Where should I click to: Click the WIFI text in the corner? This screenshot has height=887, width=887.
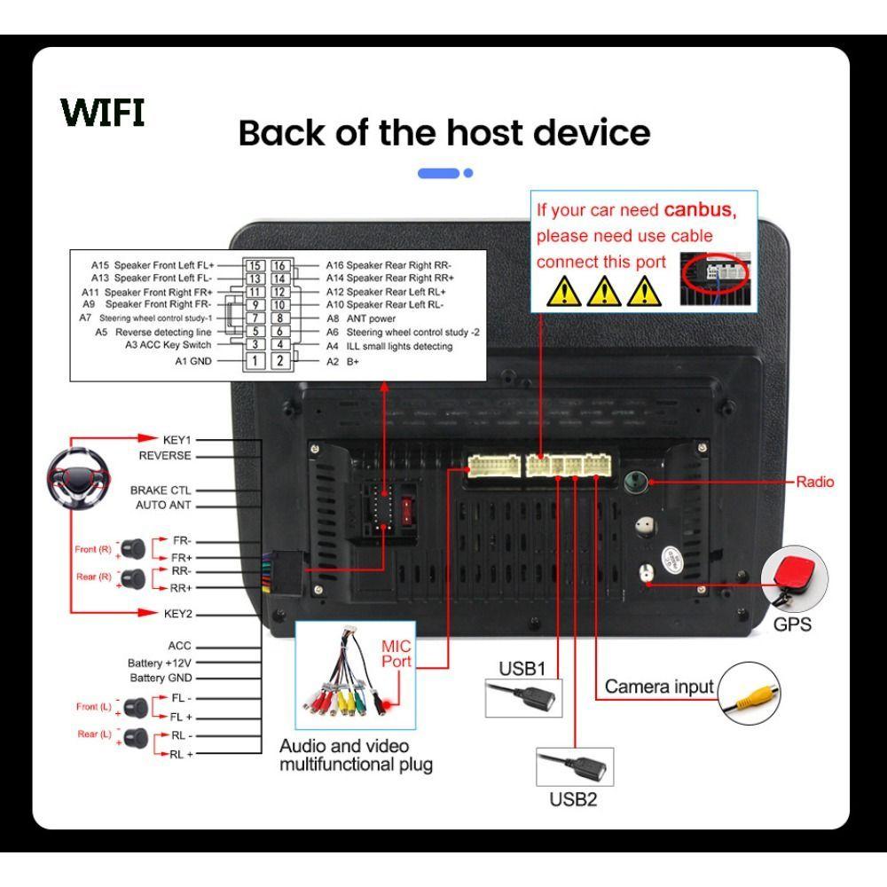tap(103, 113)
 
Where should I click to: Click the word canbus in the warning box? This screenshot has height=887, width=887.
tap(699, 211)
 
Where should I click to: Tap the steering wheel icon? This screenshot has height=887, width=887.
tap(78, 480)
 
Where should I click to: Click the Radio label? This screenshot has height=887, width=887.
tap(814, 482)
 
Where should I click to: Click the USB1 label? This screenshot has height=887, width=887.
tap(522, 668)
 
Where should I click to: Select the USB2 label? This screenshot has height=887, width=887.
tap(573, 799)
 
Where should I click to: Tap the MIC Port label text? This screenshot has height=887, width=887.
tap(396, 653)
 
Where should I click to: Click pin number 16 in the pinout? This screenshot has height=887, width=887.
tap(279, 265)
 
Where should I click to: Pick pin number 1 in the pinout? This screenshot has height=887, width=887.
tap(255, 360)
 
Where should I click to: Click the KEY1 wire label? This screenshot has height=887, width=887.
tap(177, 439)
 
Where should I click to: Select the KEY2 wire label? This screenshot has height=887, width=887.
tap(177, 613)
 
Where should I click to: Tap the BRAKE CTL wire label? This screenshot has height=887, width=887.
tap(161, 490)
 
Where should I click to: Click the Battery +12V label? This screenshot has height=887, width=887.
tap(160, 663)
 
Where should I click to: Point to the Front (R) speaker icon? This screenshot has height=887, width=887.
tap(134, 546)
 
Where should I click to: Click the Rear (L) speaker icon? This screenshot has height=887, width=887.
tap(135, 735)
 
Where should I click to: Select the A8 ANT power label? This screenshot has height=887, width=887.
tap(360, 318)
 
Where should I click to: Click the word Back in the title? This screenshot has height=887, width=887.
tap(284, 133)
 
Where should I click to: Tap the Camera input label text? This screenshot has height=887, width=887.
tap(659, 687)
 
